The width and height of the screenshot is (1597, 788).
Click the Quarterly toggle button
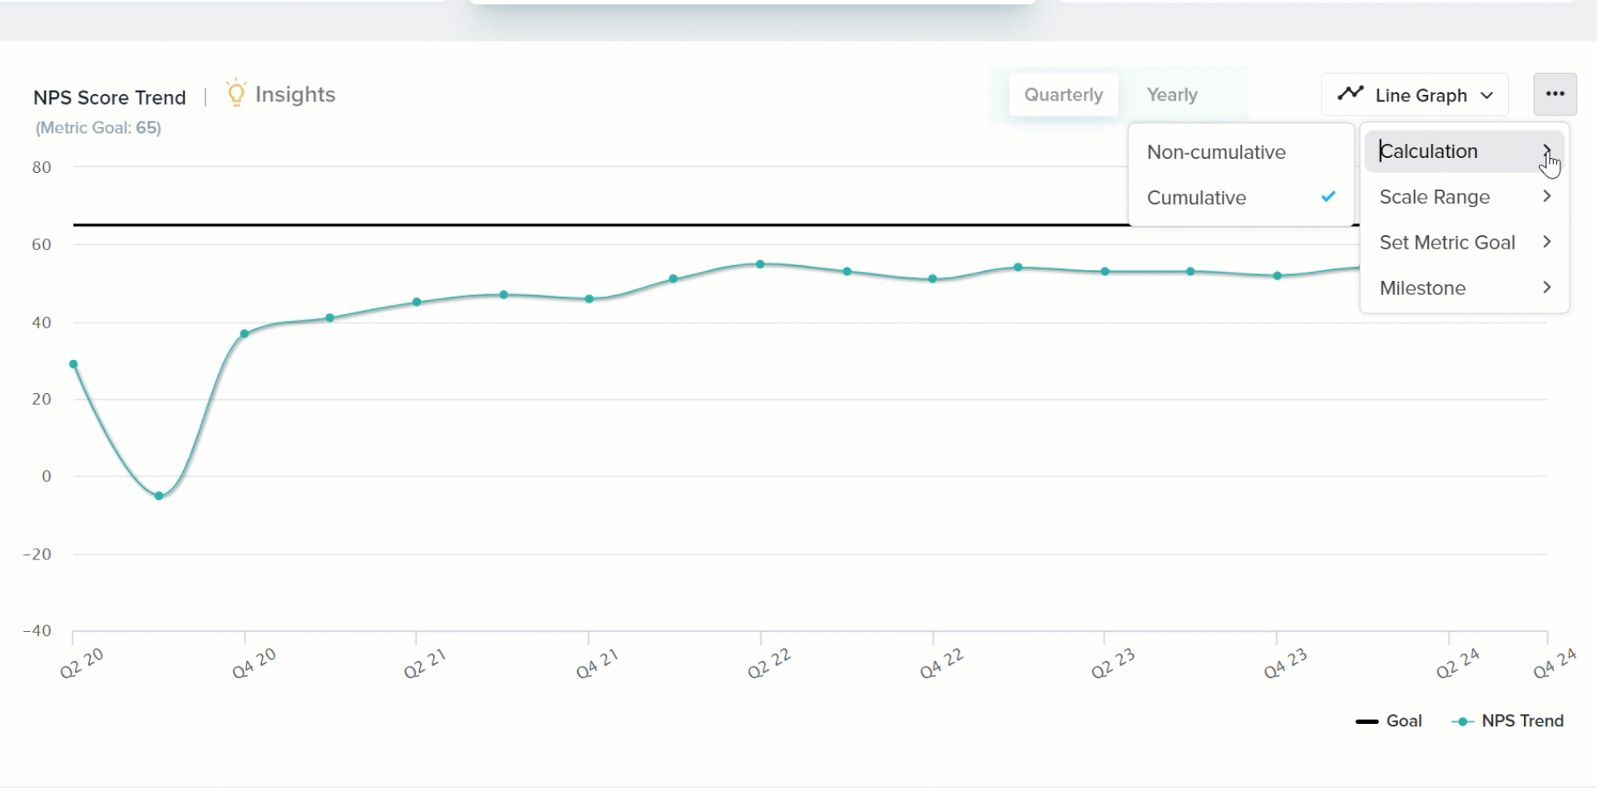pyautogui.click(x=1063, y=95)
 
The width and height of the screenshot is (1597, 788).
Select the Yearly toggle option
pyautogui.click(x=1172, y=95)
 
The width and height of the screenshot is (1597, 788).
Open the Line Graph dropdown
pyautogui.click(x=1415, y=95)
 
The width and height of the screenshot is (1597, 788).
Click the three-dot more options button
pyautogui.click(x=1555, y=94)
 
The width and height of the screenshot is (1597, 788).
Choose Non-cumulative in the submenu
pyautogui.click(x=1216, y=152)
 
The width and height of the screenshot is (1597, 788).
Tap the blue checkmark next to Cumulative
pyautogui.click(x=1328, y=197)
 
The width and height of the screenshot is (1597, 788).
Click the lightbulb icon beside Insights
pyautogui.click(x=236, y=93)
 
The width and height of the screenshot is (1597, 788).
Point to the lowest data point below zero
pyautogui.click(x=159, y=496)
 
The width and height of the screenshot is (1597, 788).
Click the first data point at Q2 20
pyautogui.click(x=73, y=364)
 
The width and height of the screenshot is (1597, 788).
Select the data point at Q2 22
pyautogui.click(x=760, y=264)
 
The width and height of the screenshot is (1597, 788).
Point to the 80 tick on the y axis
pyautogui.click(x=42, y=167)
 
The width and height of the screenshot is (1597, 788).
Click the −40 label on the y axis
pyautogui.click(x=37, y=631)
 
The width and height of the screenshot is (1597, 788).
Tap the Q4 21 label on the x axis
pyautogui.click(x=597, y=663)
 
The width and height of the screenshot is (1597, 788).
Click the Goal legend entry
pyautogui.click(x=1389, y=721)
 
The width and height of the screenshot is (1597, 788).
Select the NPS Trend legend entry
pyautogui.click(x=1507, y=721)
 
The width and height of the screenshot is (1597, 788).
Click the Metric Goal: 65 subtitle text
pyautogui.click(x=98, y=128)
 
